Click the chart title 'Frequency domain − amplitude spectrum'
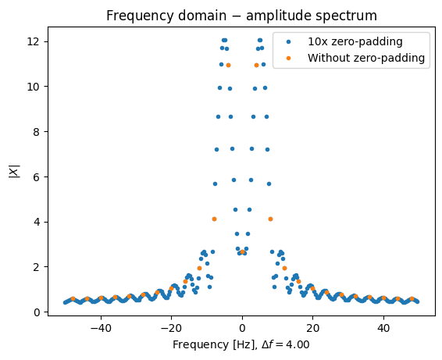241,16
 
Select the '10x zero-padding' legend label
355,41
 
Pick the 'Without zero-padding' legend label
366,58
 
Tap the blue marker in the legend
288,41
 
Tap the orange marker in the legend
288,58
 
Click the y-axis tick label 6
37,177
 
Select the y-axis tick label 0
37,312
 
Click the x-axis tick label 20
312,328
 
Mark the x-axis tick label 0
242,328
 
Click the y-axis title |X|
15,171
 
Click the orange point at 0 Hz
242,251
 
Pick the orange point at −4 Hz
228,66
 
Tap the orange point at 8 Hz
271,219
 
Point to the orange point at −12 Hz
200,268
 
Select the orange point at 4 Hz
256,66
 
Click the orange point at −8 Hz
214,219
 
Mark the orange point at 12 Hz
285,268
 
